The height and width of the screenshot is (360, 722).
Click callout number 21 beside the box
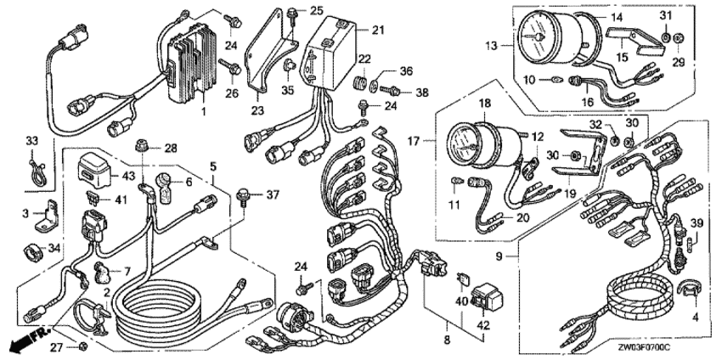[378, 31]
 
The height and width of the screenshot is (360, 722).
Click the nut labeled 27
[83, 346]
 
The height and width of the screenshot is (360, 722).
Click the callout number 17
[414, 141]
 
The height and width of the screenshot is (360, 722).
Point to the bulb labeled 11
[456, 182]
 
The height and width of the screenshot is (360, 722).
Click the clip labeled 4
[691, 288]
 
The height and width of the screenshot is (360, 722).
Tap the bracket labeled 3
[47, 217]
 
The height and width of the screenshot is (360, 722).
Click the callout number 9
[500, 254]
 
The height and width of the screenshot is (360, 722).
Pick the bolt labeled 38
[390, 91]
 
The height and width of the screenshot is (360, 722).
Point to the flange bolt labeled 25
[292, 16]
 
